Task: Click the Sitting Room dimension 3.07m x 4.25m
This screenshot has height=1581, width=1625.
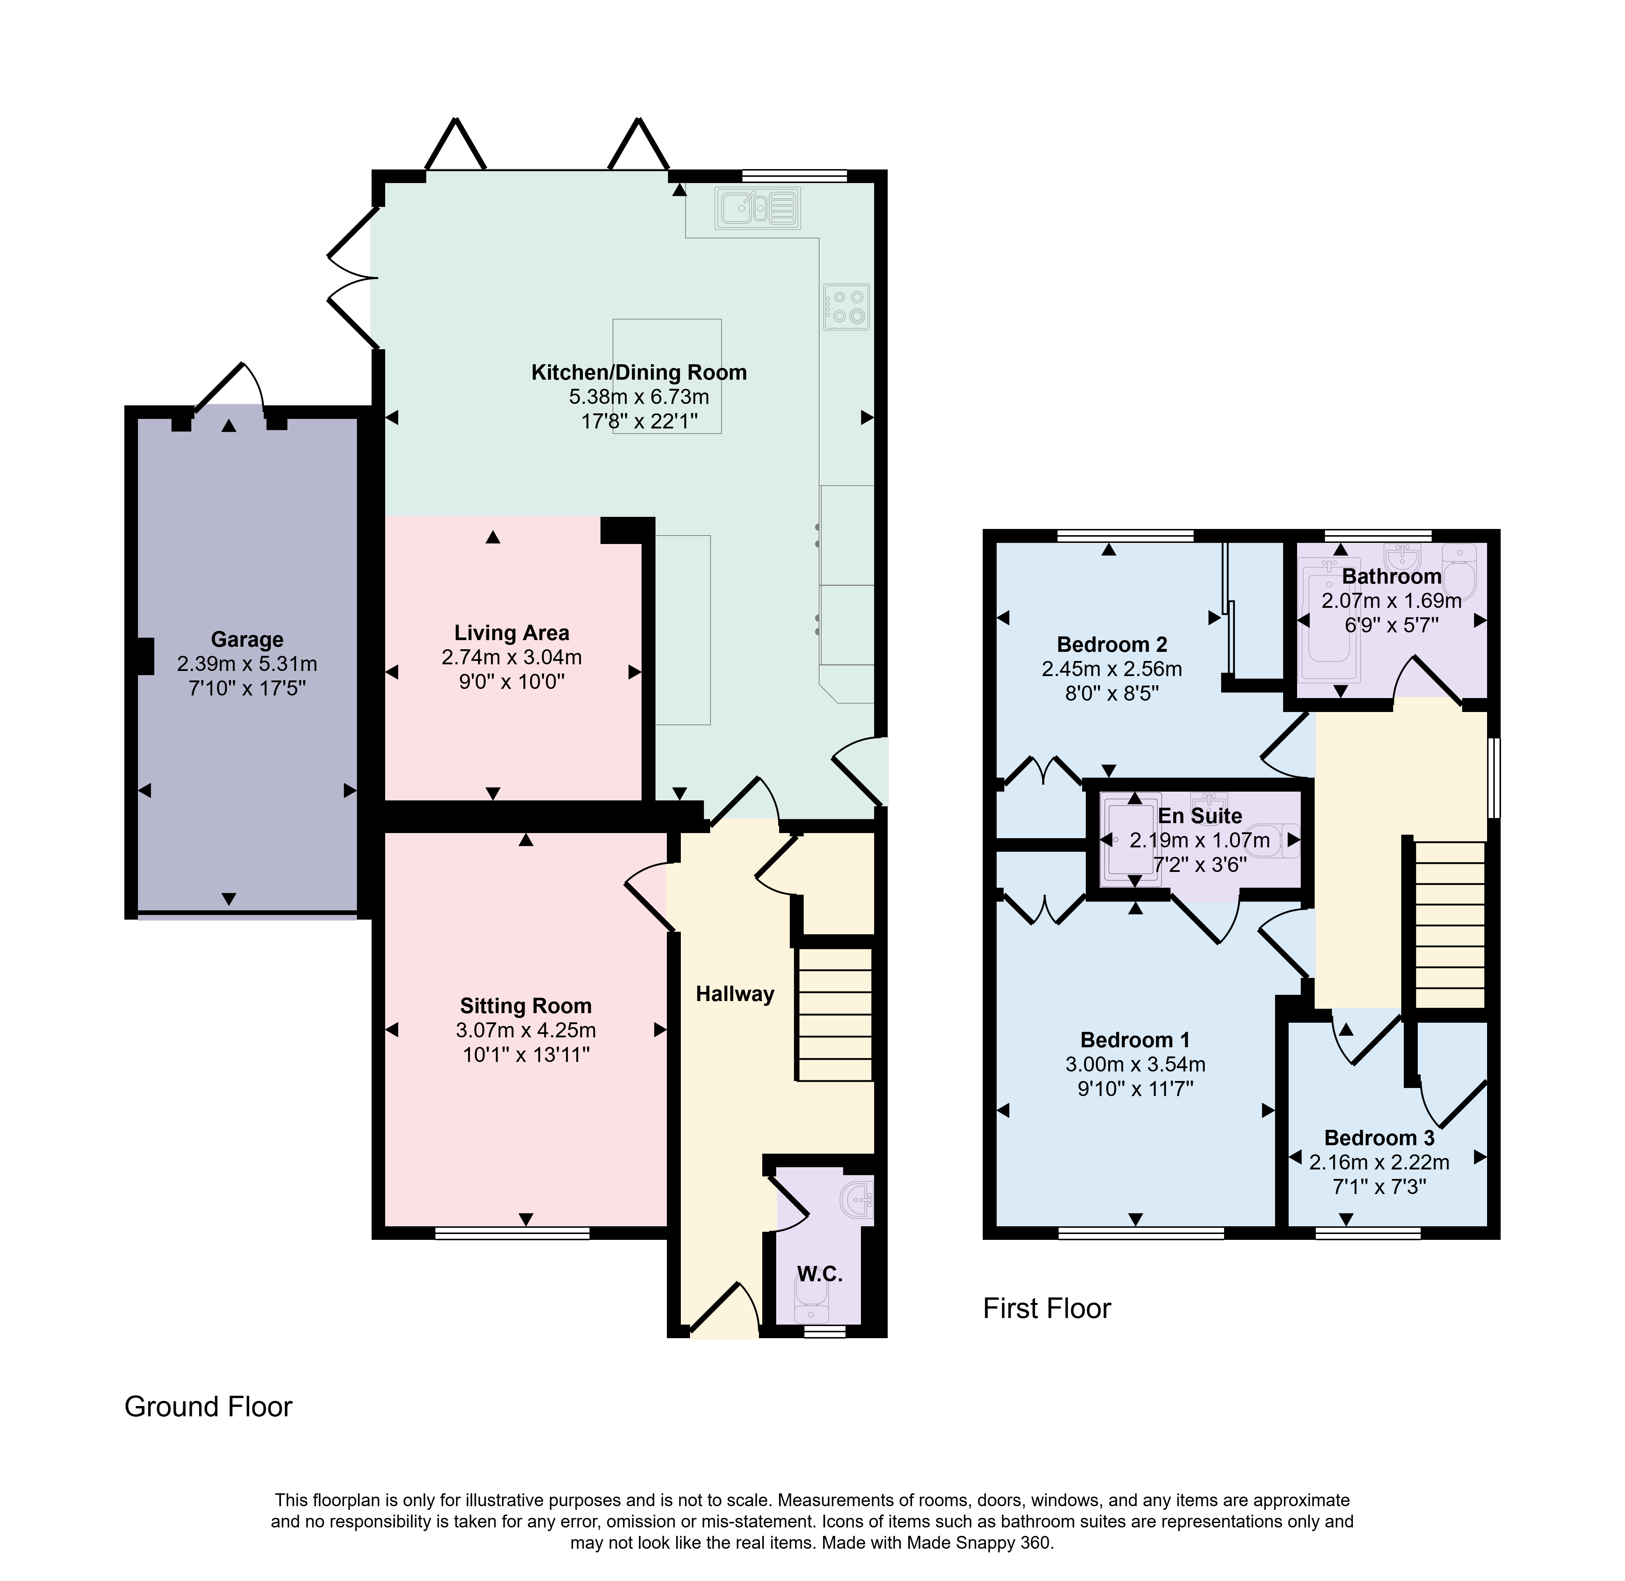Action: coord(526,1030)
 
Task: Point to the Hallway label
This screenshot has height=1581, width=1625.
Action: coord(735,994)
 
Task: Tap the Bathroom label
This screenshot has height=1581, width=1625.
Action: coord(1392,576)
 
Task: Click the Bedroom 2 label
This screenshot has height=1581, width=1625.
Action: coord(1112,645)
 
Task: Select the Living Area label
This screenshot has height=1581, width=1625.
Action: coord(511,633)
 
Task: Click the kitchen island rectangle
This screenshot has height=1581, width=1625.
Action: coord(667,376)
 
